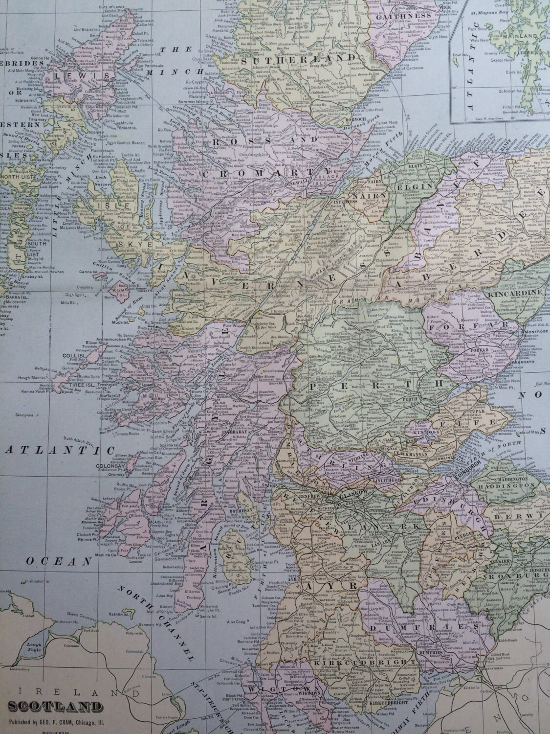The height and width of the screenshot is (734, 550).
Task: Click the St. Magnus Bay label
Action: pos(485,21)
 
